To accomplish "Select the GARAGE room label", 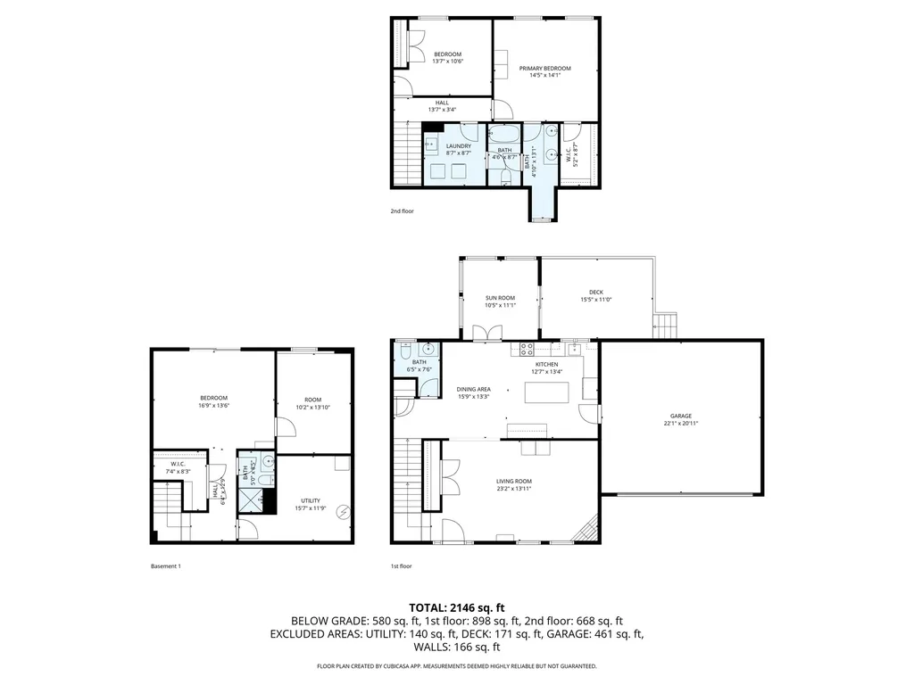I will tap(681, 416).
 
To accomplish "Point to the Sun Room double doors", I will tap(487, 333).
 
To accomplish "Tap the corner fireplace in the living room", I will tap(586, 532).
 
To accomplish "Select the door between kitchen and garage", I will tap(589, 413).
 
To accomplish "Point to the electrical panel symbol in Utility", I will tap(343, 512).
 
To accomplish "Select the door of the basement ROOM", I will tap(286, 425).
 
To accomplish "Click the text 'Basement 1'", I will tap(166, 565).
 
